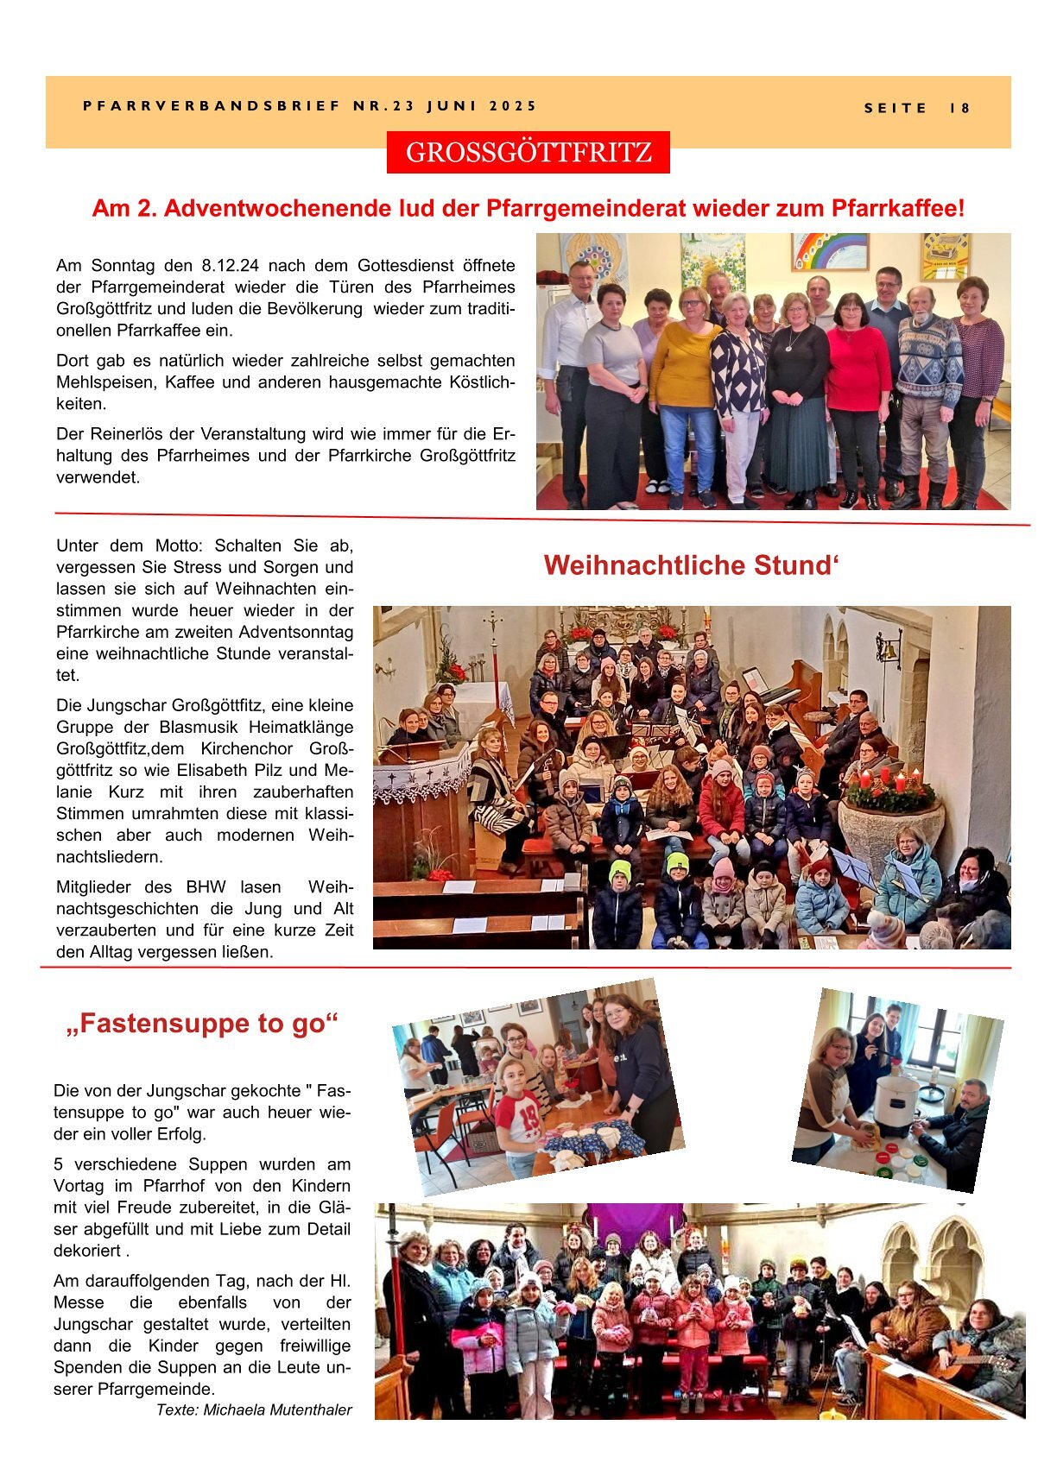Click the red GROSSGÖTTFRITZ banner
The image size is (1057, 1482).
click(x=528, y=153)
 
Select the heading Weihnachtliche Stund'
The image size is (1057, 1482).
click(x=692, y=565)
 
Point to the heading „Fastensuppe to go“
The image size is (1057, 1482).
click(x=202, y=1024)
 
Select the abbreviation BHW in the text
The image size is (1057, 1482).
click(x=206, y=887)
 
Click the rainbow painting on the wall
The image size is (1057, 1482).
click(x=830, y=252)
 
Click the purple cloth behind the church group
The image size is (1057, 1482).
click(x=634, y=1221)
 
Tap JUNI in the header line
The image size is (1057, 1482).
click(x=451, y=106)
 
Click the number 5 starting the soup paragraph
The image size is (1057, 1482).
click(x=58, y=1164)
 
